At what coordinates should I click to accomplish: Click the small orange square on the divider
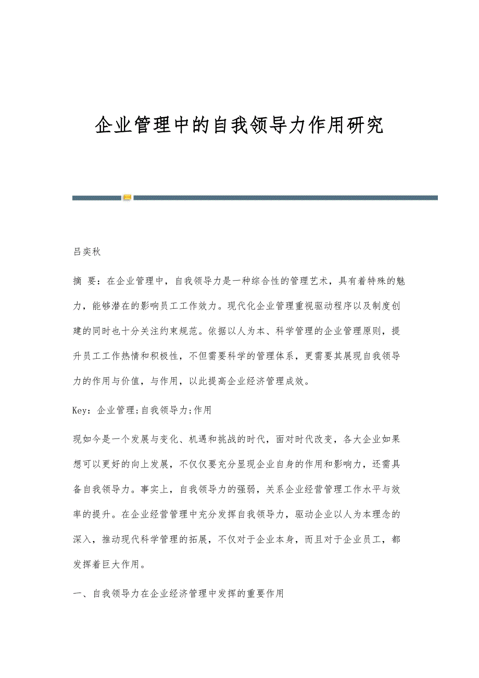(128, 198)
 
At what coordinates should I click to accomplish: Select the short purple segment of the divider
(96, 198)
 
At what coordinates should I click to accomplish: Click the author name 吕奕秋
(86, 252)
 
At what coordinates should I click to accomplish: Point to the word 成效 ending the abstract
(298, 382)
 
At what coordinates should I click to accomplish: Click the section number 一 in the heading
(77, 594)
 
